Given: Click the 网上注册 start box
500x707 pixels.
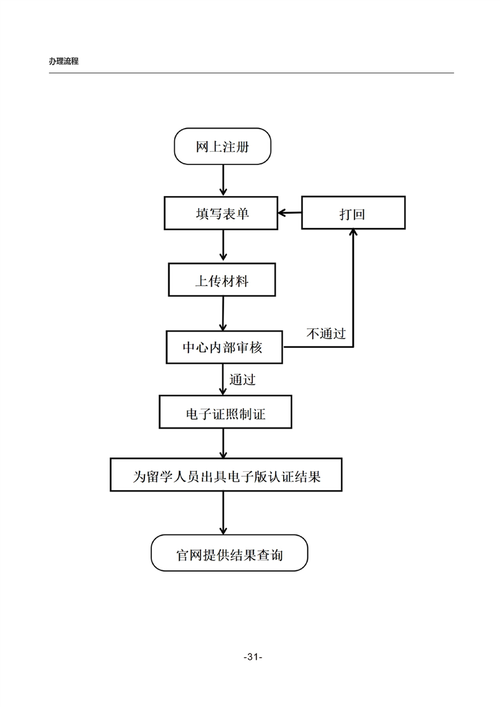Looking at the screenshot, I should [222, 147].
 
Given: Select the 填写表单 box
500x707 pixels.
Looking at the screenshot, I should [222, 214].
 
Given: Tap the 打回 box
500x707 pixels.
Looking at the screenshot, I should [353, 214].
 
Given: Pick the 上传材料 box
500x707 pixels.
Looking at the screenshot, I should [222, 280].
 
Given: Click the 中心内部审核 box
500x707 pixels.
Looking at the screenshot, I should [223, 347].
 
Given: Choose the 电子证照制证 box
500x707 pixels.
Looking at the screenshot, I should [225, 413].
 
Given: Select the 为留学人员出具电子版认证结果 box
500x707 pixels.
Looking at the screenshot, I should [226, 476].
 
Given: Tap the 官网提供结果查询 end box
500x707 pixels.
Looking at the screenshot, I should [229, 554].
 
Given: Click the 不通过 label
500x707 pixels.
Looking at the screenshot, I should [326, 333].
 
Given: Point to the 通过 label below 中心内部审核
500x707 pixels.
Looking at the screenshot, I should [243, 379].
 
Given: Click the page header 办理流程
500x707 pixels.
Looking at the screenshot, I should [63, 62].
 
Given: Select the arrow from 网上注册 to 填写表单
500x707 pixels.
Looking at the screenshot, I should [223, 180].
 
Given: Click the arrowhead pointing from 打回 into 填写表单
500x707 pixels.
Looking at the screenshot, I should [282, 214].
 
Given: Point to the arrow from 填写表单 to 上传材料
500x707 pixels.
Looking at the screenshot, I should [223, 246].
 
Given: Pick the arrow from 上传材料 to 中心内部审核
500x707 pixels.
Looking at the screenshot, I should [223, 313].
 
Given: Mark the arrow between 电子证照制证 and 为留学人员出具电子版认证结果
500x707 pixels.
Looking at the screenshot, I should [224, 444].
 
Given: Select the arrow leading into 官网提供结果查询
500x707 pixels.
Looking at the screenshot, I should [224, 513].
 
